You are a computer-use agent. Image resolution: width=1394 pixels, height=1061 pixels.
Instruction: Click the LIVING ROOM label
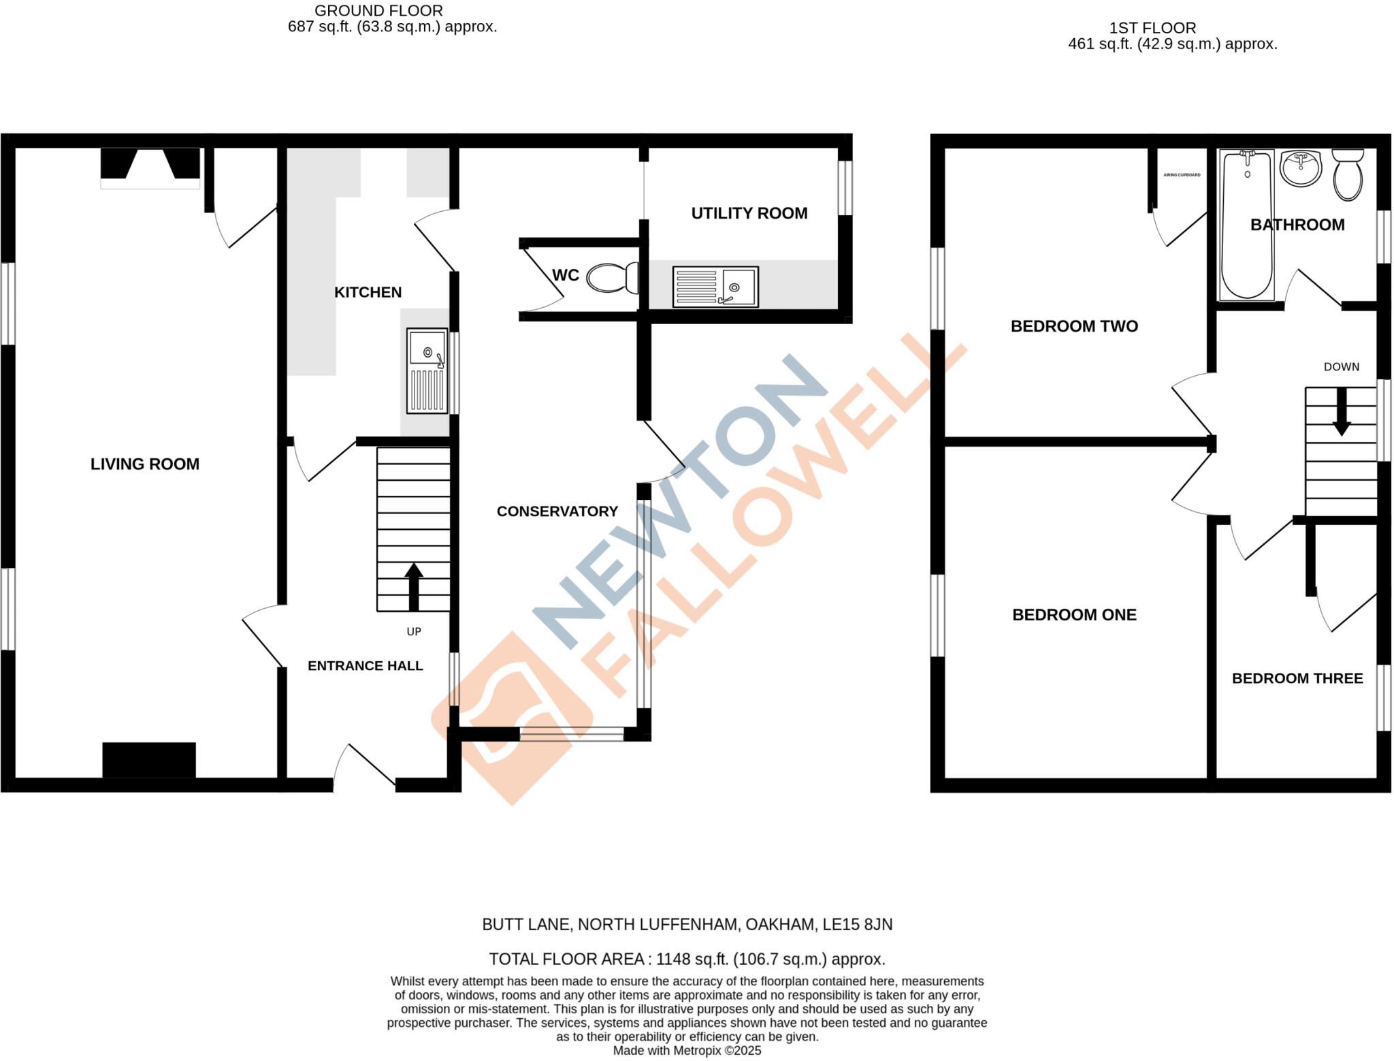click(x=145, y=464)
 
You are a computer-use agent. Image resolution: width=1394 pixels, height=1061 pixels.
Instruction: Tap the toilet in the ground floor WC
click(x=611, y=278)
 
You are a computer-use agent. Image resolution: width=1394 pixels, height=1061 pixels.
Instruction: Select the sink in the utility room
click(x=715, y=287)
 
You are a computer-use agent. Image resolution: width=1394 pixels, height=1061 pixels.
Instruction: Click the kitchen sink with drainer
click(x=427, y=371)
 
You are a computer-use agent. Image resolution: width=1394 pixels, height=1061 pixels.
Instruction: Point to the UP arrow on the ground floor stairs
click(x=414, y=586)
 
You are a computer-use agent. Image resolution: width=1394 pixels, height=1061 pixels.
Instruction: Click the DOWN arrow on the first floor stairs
click(x=1342, y=411)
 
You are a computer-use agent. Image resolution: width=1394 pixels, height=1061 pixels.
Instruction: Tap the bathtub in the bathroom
click(x=1246, y=225)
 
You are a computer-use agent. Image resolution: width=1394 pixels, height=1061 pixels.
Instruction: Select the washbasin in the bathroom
click(x=1301, y=168)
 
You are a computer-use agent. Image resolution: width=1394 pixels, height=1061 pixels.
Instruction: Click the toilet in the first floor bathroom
click(x=1348, y=175)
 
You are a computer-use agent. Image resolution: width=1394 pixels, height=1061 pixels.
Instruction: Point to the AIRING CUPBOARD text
click(x=1182, y=175)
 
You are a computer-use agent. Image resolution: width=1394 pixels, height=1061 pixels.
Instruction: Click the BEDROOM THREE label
click(x=1297, y=678)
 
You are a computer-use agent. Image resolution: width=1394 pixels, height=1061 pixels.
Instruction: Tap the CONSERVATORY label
click(x=557, y=511)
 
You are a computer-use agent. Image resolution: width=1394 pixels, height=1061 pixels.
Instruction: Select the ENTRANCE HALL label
click(x=366, y=666)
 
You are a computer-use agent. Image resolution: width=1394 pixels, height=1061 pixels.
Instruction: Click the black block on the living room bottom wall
click(x=149, y=760)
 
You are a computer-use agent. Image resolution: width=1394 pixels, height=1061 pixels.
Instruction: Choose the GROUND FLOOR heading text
click(x=378, y=11)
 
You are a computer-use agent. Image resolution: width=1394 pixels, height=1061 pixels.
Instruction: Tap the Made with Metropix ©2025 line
click(x=687, y=1051)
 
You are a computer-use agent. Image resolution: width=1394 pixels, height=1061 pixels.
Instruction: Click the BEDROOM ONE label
click(x=1074, y=615)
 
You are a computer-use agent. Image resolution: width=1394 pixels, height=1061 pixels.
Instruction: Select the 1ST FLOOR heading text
click(x=1152, y=28)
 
